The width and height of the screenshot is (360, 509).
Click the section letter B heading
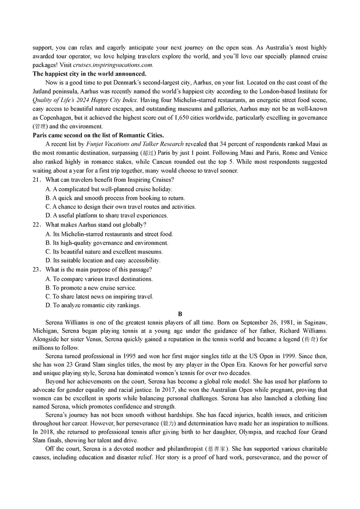(180, 314)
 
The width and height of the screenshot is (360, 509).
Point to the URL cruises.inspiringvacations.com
(112, 65)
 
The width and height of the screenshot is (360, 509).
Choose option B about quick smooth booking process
(109, 198)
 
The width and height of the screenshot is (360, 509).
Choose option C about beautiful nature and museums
(104, 252)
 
